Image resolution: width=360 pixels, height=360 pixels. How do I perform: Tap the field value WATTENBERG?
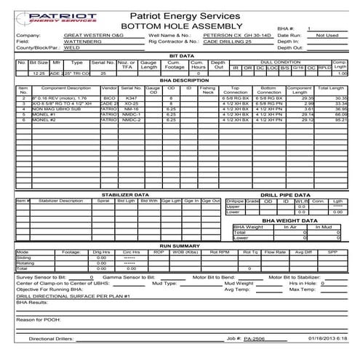(82, 41)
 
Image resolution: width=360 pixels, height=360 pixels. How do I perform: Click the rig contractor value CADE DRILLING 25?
(228, 41)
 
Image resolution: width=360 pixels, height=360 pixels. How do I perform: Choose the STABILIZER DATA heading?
(126, 195)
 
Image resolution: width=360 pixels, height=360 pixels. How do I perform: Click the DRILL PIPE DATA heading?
(287, 195)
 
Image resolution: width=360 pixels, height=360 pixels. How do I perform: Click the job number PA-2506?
(253, 338)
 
